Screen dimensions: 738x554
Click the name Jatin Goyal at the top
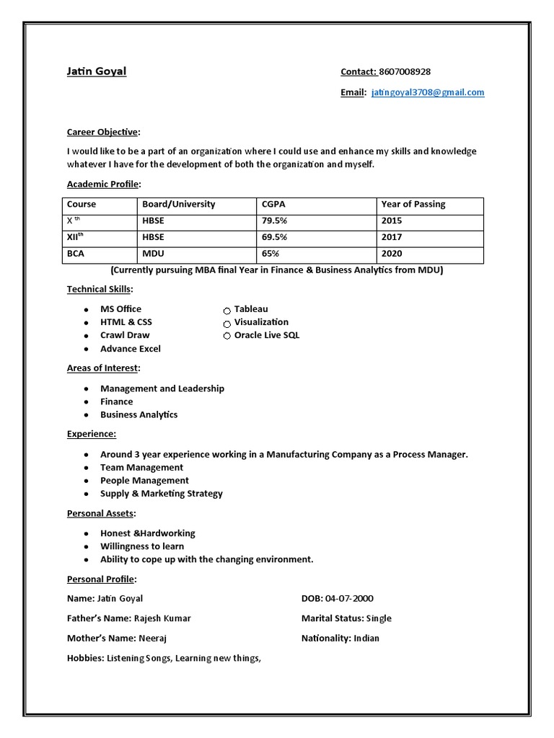[96, 71]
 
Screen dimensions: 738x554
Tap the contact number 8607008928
[405, 71]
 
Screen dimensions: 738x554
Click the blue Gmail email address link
[428, 92]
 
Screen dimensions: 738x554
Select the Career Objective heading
[104, 132]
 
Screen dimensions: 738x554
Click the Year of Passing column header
[413, 204]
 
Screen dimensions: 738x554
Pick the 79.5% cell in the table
[275, 221]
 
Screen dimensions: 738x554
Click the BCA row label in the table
[75, 254]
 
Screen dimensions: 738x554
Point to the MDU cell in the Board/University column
[152, 254]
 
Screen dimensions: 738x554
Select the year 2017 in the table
[392, 237]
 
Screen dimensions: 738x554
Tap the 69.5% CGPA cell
[275, 237]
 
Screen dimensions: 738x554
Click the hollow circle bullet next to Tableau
[227, 311]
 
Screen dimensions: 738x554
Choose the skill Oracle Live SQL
[266, 335]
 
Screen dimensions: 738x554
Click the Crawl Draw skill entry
[125, 335]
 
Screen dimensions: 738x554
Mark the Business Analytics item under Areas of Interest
[138, 414]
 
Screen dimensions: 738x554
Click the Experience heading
[92, 434]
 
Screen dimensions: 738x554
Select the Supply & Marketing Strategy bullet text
[161, 494]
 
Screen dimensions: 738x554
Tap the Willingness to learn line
[142, 546]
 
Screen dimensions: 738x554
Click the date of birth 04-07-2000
[349, 598]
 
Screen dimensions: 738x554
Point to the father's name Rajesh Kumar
[162, 618]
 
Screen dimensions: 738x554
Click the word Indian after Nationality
[366, 638]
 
